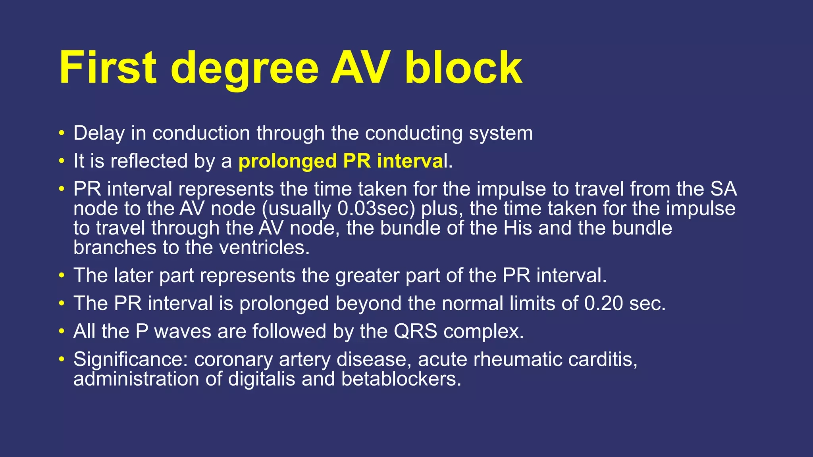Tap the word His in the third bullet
pos(518,228)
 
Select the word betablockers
pos(401,379)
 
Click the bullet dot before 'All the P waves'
pos(61,331)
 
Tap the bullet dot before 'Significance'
pos(61,359)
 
